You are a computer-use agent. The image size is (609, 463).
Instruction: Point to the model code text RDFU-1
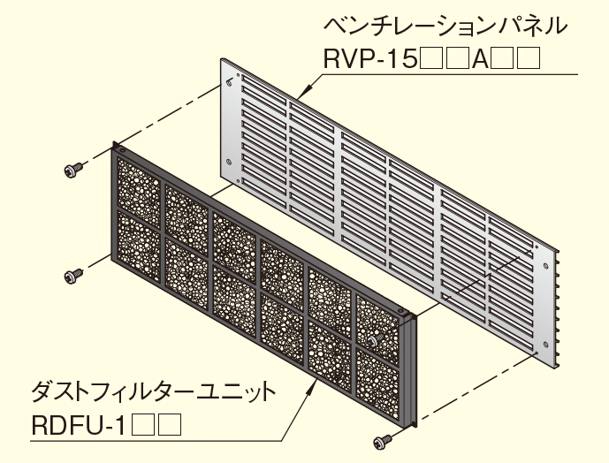(x=76, y=428)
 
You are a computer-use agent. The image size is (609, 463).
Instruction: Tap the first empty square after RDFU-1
(x=143, y=428)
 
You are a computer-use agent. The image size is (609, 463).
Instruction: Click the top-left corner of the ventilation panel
(x=222, y=60)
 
